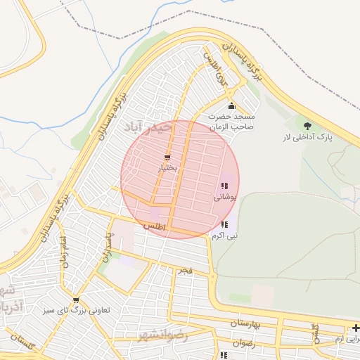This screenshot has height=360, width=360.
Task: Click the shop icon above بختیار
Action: [x=167, y=157]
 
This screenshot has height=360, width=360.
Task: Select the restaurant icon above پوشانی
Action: [x=224, y=186]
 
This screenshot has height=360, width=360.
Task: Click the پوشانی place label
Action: [x=226, y=198]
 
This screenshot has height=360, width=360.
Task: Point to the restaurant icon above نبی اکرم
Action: [x=224, y=225]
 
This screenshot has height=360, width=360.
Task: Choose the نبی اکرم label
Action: [x=226, y=236]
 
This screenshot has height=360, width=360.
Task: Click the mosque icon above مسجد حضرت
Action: [x=231, y=105]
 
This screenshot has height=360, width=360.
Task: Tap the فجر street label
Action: [x=185, y=270]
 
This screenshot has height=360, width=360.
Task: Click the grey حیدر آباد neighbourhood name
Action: [x=157, y=127]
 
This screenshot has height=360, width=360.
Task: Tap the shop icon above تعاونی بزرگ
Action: [x=76, y=300]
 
